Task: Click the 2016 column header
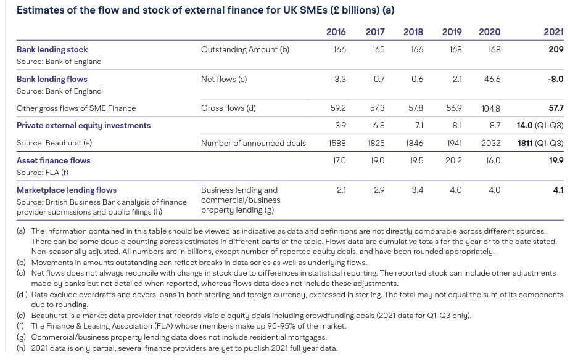(336, 32)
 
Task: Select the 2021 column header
(553, 32)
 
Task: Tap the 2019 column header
(452, 32)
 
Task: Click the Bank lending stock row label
(52, 49)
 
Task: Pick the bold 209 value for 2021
(556, 49)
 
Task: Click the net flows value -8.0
(555, 79)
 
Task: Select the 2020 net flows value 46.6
(492, 79)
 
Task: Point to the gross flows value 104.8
(490, 108)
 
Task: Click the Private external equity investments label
(84, 125)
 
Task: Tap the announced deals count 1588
(337, 143)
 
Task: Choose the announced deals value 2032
(491, 143)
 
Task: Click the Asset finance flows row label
(54, 160)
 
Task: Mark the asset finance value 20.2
(453, 160)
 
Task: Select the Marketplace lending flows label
(67, 190)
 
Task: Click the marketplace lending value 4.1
(558, 190)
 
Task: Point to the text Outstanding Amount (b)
(245, 49)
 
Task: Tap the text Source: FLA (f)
(42, 172)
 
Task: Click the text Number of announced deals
(254, 143)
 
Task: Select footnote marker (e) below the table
(21, 316)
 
